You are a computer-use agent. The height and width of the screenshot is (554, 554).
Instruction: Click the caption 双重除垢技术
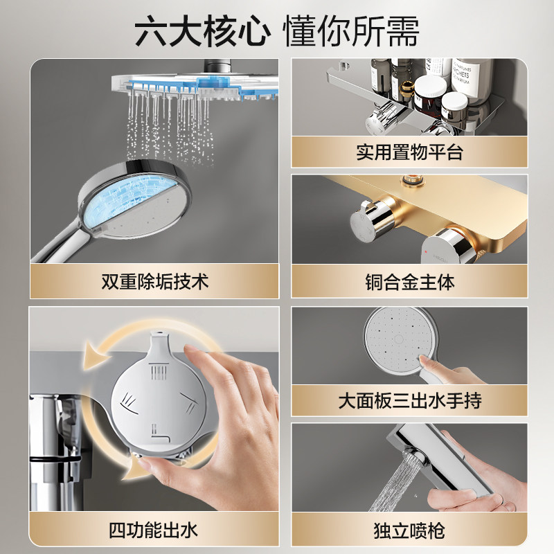(x=154, y=282)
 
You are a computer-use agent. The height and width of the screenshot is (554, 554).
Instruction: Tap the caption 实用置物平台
(x=409, y=152)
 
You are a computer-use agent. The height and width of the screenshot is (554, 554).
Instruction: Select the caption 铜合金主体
(x=409, y=282)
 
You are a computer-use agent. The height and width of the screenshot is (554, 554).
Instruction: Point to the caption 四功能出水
(x=153, y=530)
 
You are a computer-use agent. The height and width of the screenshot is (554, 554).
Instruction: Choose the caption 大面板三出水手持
(x=409, y=401)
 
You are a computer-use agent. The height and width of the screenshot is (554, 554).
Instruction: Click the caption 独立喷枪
(x=409, y=530)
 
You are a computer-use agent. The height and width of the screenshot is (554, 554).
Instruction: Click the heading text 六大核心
(x=202, y=31)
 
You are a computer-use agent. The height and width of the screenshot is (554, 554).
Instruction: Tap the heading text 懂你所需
(x=351, y=31)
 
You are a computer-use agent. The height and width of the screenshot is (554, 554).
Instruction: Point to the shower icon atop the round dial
(x=159, y=371)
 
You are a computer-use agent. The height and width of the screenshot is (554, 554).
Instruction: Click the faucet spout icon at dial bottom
(x=160, y=434)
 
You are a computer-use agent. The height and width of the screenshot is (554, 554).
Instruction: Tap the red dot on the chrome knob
(x=427, y=252)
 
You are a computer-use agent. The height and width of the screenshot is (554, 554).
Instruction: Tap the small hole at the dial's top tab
(x=159, y=333)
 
